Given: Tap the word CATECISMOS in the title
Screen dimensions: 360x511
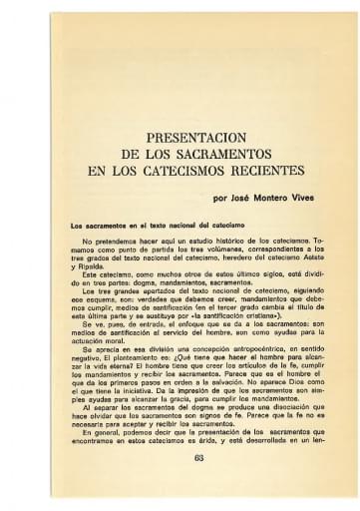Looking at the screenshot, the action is point(180,171).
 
